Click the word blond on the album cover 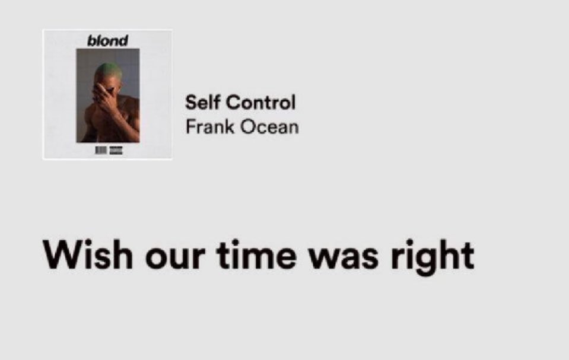click(107, 40)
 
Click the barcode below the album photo click(101, 151)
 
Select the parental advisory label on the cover click(116, 151)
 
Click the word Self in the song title click(201, 102)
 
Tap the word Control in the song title click(262, 102)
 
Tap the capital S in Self click(190, 102)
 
